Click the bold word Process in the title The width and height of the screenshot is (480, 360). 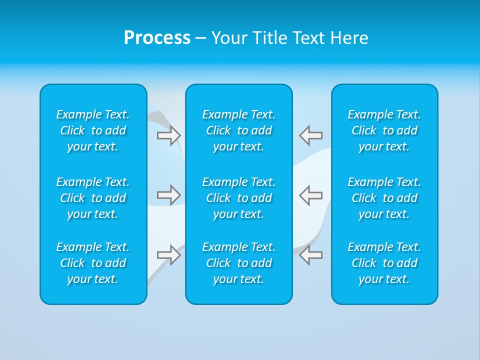tap(157, 38)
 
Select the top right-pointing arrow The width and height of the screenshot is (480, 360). tap(168, 135)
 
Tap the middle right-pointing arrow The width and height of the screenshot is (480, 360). tap(168, 194)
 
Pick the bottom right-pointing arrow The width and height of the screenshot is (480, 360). tap(168, 255)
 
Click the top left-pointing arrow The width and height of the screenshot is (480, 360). tap(311, 135)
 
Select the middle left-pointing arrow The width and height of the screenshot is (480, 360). tap(311, 194)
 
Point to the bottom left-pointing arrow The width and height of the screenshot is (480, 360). tap(311, 255)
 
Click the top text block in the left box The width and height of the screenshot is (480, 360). tap(93, 130)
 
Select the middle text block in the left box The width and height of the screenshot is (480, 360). tap(93, 198)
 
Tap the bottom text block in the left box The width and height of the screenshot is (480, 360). tap(93, 263)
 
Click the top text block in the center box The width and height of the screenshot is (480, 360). tap(238, 130)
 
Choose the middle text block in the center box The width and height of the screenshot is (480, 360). tap(238, 198)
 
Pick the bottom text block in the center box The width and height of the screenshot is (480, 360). tap(238, 263)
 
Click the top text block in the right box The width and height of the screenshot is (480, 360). tap(384, 130)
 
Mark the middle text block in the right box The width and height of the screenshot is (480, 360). tap(384, 198)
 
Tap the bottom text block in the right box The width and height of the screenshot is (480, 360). tap(384, 263)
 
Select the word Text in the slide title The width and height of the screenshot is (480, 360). tap(309, 38)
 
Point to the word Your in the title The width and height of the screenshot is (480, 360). tap(228, 38)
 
